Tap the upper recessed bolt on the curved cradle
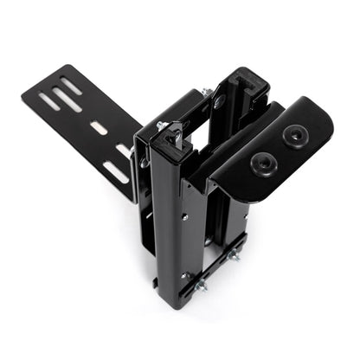[x=295, y=134]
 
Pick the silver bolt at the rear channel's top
[x=207, y=93]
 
